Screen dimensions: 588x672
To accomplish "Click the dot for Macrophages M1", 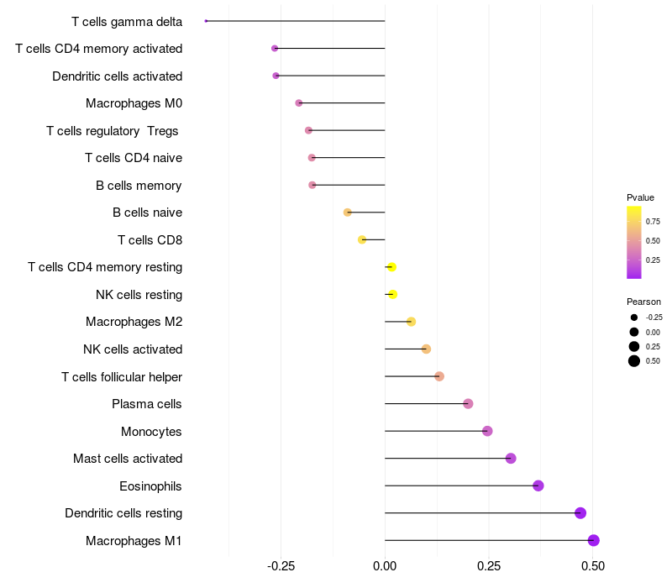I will [x=594, y=540].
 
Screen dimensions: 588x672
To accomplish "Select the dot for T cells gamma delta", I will [x=206, y=21].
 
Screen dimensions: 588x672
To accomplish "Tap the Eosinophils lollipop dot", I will [x=538, y=486].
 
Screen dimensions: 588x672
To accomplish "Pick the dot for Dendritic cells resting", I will [x=580, y=513].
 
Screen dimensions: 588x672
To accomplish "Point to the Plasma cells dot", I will [x=468, y=404].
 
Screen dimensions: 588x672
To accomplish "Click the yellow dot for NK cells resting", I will [x=392, y=294].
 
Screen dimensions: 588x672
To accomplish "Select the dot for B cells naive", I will [x=348, y=213].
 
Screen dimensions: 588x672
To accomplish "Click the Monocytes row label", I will [x=151, y=432].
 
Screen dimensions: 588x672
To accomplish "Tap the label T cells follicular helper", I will [x=122, y=377].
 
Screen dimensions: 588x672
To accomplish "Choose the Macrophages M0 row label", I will [x=134, y=103].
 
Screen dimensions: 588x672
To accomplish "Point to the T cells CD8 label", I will [x=150, y=240].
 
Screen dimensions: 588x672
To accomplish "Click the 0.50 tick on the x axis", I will [x=593, y=566].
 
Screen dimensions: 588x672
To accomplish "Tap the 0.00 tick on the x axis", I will [x=385, y=566].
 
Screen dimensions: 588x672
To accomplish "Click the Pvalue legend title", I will [x=640, y=197].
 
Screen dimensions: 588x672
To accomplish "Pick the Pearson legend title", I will [x=643, y=302].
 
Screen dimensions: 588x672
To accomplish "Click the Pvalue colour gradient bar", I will [x=634, y=242].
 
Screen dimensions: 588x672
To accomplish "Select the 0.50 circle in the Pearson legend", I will [x=634, y=361].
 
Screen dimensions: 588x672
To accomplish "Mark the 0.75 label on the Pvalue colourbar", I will [x=653, y=222].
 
